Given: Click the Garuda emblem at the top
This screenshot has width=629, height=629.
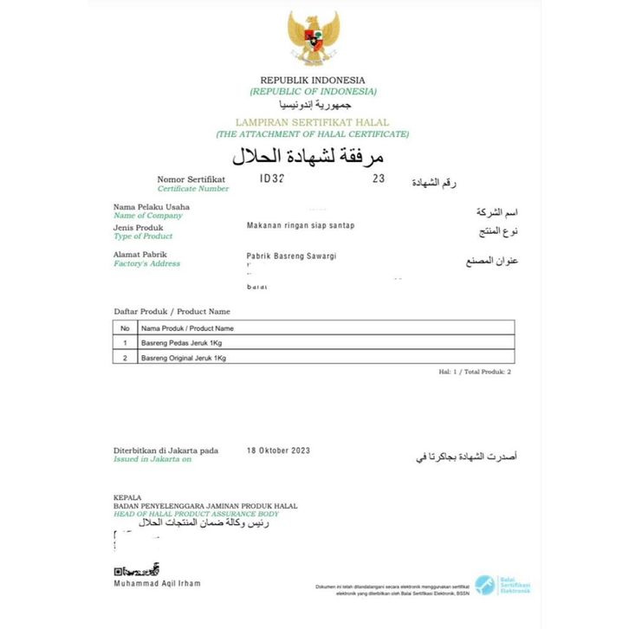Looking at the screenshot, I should pyautogui.click(x=314, y=39).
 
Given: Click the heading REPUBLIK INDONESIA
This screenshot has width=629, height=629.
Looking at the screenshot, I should pyautogui.click(x=313, y=81).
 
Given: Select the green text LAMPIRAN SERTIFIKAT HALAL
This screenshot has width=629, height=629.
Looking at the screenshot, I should pyautogui.click(x=313, y=123).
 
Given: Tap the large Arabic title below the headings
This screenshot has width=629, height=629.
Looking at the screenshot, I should pyautogui.click(x=308, y=157).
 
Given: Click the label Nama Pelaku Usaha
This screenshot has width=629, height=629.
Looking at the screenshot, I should pyautogui.click(x=152, y=207).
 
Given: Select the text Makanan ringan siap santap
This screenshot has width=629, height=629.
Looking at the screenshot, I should pyautogui.click(x=301, y=225).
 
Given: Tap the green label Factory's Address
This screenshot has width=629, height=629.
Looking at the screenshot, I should pyautogui.click(x=147, y=263).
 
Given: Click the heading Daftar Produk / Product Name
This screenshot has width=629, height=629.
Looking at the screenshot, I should pyautogui.click(x=172, y=311).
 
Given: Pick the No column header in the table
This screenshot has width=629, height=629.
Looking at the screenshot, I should pyautogui.click(x=125, y=328).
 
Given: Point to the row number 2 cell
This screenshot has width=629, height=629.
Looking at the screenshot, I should pyautogui.click(x=125, y=358).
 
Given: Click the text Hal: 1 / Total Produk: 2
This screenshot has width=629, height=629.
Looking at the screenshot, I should pyautogui.click(x=475, y=371).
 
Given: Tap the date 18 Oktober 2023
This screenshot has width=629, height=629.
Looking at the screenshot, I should pyautogui.click(x=278, y=451).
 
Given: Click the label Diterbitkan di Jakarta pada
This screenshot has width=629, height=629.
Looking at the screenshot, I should pyautogui.click(x=166, y=451).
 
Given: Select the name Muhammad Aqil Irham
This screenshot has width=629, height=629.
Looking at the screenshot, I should pyautogui.click(x=157, y=583).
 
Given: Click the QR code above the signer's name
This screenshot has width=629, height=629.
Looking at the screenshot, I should pyautogui.click(x=137, y=570).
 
